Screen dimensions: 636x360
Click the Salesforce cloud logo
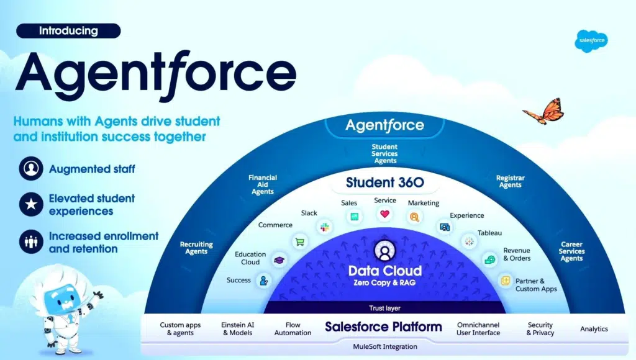click(x=591, y=40)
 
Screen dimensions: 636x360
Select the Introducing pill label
click(x=68, y=31)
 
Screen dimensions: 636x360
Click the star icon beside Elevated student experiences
click(x=31, y=204)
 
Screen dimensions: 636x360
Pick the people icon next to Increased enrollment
click(x=31, y=241)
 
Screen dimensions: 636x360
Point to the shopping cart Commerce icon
click(x=300, y=242)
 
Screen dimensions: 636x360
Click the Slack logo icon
click(x=324, y=227)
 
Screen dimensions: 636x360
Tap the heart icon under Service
click(x=384, y=214)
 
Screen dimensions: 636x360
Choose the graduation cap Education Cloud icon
click(x=279, y=260)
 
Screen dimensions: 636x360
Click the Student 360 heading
click(x=385, y=182)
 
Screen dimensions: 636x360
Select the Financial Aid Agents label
click(x=263, y=184)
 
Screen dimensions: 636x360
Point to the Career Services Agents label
click(x=571, y=251)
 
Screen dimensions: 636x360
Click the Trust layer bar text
click(x=384, y=308)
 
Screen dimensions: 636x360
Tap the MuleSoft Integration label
click(x=385, y=346)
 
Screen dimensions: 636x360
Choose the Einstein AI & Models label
click(x=238, y=329)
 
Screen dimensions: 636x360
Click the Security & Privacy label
click(x=540, y=329)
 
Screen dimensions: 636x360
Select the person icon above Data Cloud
click(x=384, y=251)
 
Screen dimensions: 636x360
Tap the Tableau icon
click(x=470, y=241)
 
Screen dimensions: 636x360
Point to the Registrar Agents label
click(x=511, y=181)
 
